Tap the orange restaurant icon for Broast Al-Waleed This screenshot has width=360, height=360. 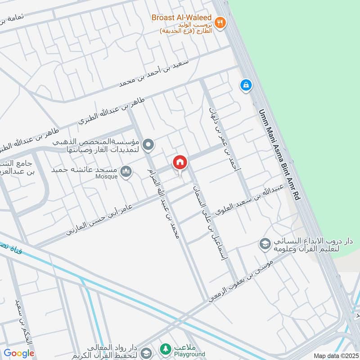(220, 22)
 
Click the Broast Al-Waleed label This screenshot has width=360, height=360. (181, 18)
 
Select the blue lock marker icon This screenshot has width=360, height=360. (245, 84)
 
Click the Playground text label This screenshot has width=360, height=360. (189, 354)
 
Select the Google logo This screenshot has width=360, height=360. (19, 353)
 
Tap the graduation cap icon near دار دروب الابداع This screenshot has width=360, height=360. (265, 244)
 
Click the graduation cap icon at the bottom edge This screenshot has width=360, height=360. (145, 352)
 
